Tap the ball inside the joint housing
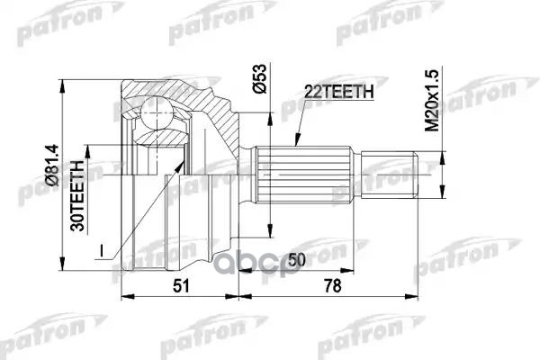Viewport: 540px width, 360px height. coord(157,116)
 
